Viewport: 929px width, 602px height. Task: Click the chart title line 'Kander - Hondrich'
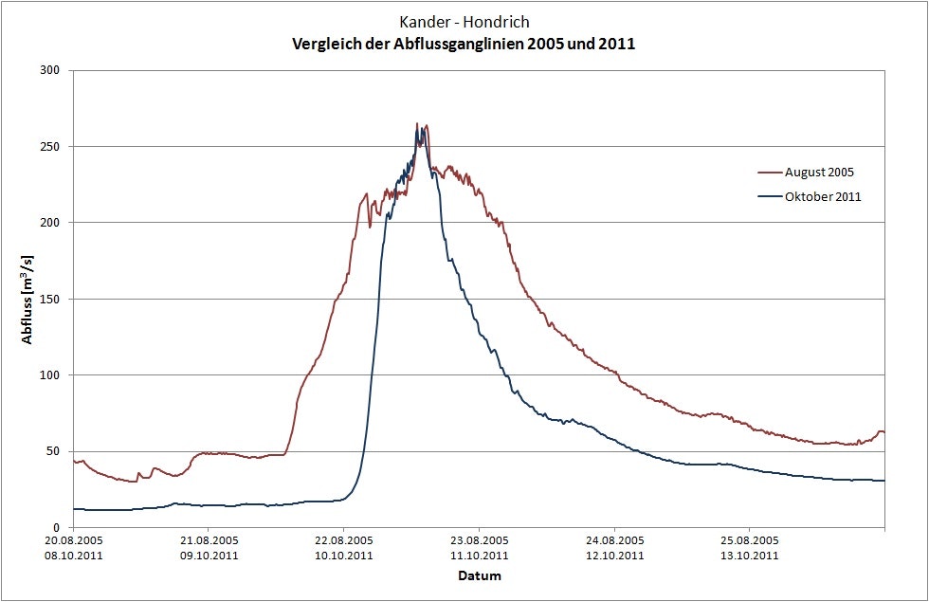pyautogui.click(x=464, y=23)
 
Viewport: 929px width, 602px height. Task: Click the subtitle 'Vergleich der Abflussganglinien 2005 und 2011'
pyautogui.click(x=464, y=44)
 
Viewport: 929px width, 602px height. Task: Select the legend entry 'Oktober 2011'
pyautogui.click(x=822, y=197)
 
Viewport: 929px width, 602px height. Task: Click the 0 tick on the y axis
pyautogui.click(x=57, y=528)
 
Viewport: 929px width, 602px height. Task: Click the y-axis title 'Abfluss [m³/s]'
pyautogui.click(x=27, y=299)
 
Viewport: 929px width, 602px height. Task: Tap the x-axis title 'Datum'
pyautogui.click(x=479, y=575)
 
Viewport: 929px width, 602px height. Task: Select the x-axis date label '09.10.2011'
pyautogui.click(x=209, y=556)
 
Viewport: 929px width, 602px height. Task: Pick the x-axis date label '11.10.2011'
pyautogui.click(x=480, y=556)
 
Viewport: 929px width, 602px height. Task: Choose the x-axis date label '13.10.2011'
pyautogui.click(x=750, y=556)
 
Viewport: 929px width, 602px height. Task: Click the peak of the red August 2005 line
pyautogui.click(x=417, y=124)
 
